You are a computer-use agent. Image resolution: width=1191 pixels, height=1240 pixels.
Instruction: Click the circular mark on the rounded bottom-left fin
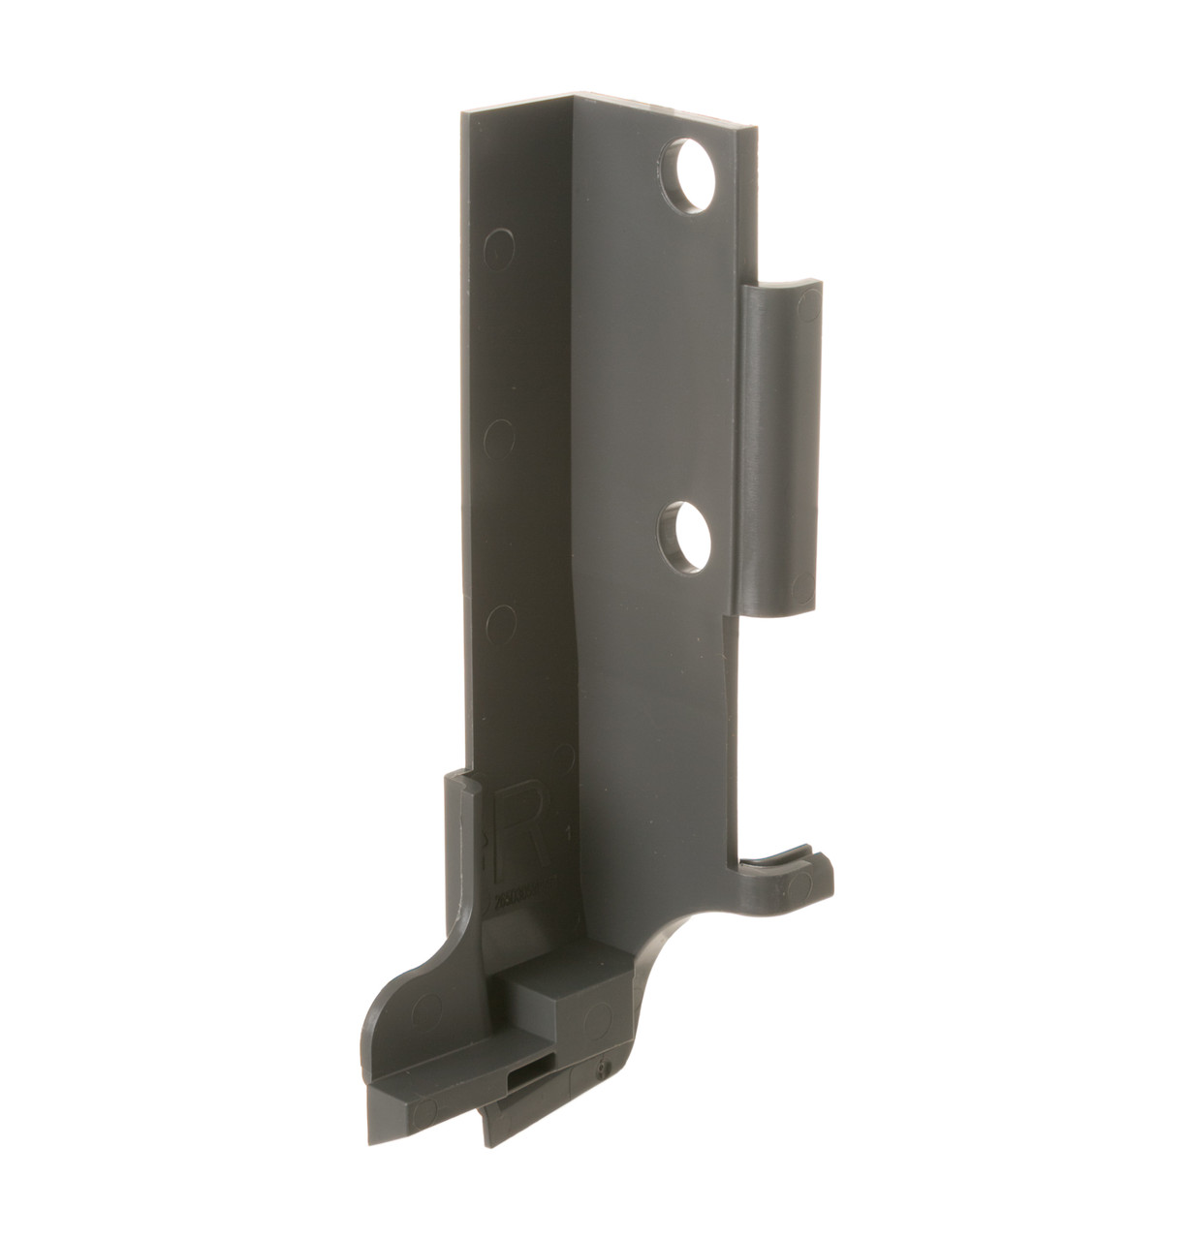425,1010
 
